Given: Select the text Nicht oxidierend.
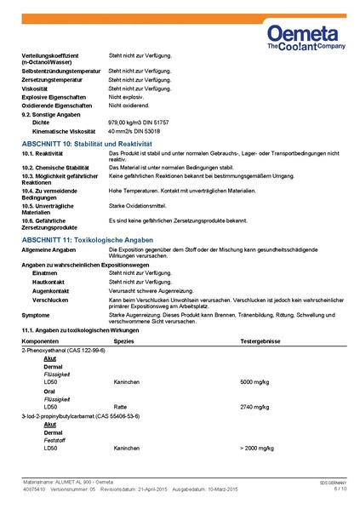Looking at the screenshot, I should click(x=129, y=106).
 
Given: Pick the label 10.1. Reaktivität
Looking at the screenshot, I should click(x=44, y=155).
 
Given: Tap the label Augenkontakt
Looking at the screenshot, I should click(x=50, y=290).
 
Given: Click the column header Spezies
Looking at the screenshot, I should click(x=124, y=340).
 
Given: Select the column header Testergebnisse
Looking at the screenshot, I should click(x=259, y=340).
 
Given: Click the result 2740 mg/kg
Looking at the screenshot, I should click(x=255, y=407).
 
